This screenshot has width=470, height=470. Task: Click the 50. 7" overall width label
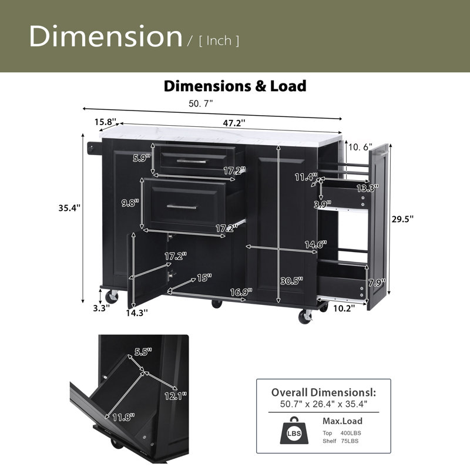(200, 103)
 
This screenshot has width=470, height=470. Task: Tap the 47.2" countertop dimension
(234, 123)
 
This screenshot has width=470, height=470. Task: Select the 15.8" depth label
(106, 122)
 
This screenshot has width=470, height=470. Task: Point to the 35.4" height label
(69, 208)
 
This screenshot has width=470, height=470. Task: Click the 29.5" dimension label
(402, 219)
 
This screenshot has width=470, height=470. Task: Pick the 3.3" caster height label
(101, 308)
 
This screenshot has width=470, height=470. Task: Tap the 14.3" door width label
(137, 313)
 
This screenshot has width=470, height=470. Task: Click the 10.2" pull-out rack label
(344, 308)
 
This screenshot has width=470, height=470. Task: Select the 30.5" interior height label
(291, 281)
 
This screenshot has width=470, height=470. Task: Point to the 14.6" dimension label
(315, 244)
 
